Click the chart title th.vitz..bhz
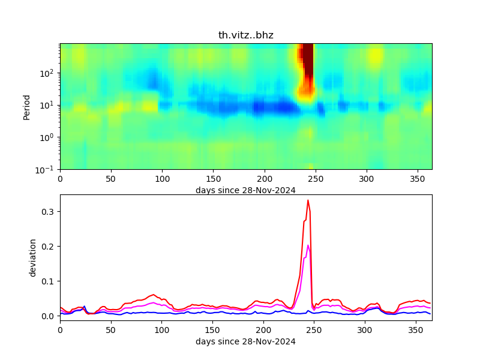point(245,35)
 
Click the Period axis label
point(27,106)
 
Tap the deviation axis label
point(34,257)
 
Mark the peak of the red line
point(308,200)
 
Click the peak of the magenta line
point(308,245)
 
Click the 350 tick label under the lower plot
point(416,330)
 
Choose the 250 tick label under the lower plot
point(314,330)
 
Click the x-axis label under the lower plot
point(245,341)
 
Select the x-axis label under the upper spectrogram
point(245,190)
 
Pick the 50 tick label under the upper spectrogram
point(110,179)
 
